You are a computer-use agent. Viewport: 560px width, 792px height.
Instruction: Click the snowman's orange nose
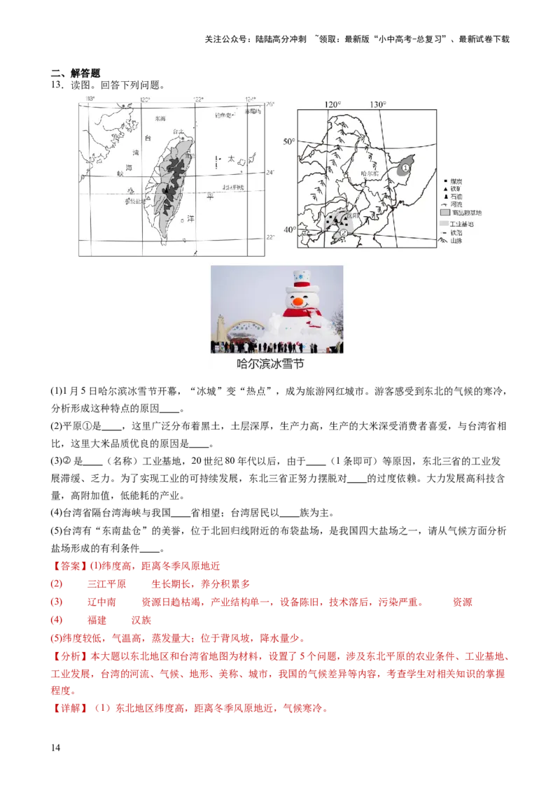298,300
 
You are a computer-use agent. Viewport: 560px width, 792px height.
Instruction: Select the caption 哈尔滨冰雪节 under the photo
270,365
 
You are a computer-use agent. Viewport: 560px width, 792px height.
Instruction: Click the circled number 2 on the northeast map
344,232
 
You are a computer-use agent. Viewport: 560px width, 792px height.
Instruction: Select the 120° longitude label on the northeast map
333,104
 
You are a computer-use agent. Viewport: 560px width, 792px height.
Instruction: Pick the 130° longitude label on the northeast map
377,104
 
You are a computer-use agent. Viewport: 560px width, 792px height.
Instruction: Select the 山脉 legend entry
457,241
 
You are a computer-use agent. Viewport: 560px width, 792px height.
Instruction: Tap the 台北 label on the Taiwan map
179,130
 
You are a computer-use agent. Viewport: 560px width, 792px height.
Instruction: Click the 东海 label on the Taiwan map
161,119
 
